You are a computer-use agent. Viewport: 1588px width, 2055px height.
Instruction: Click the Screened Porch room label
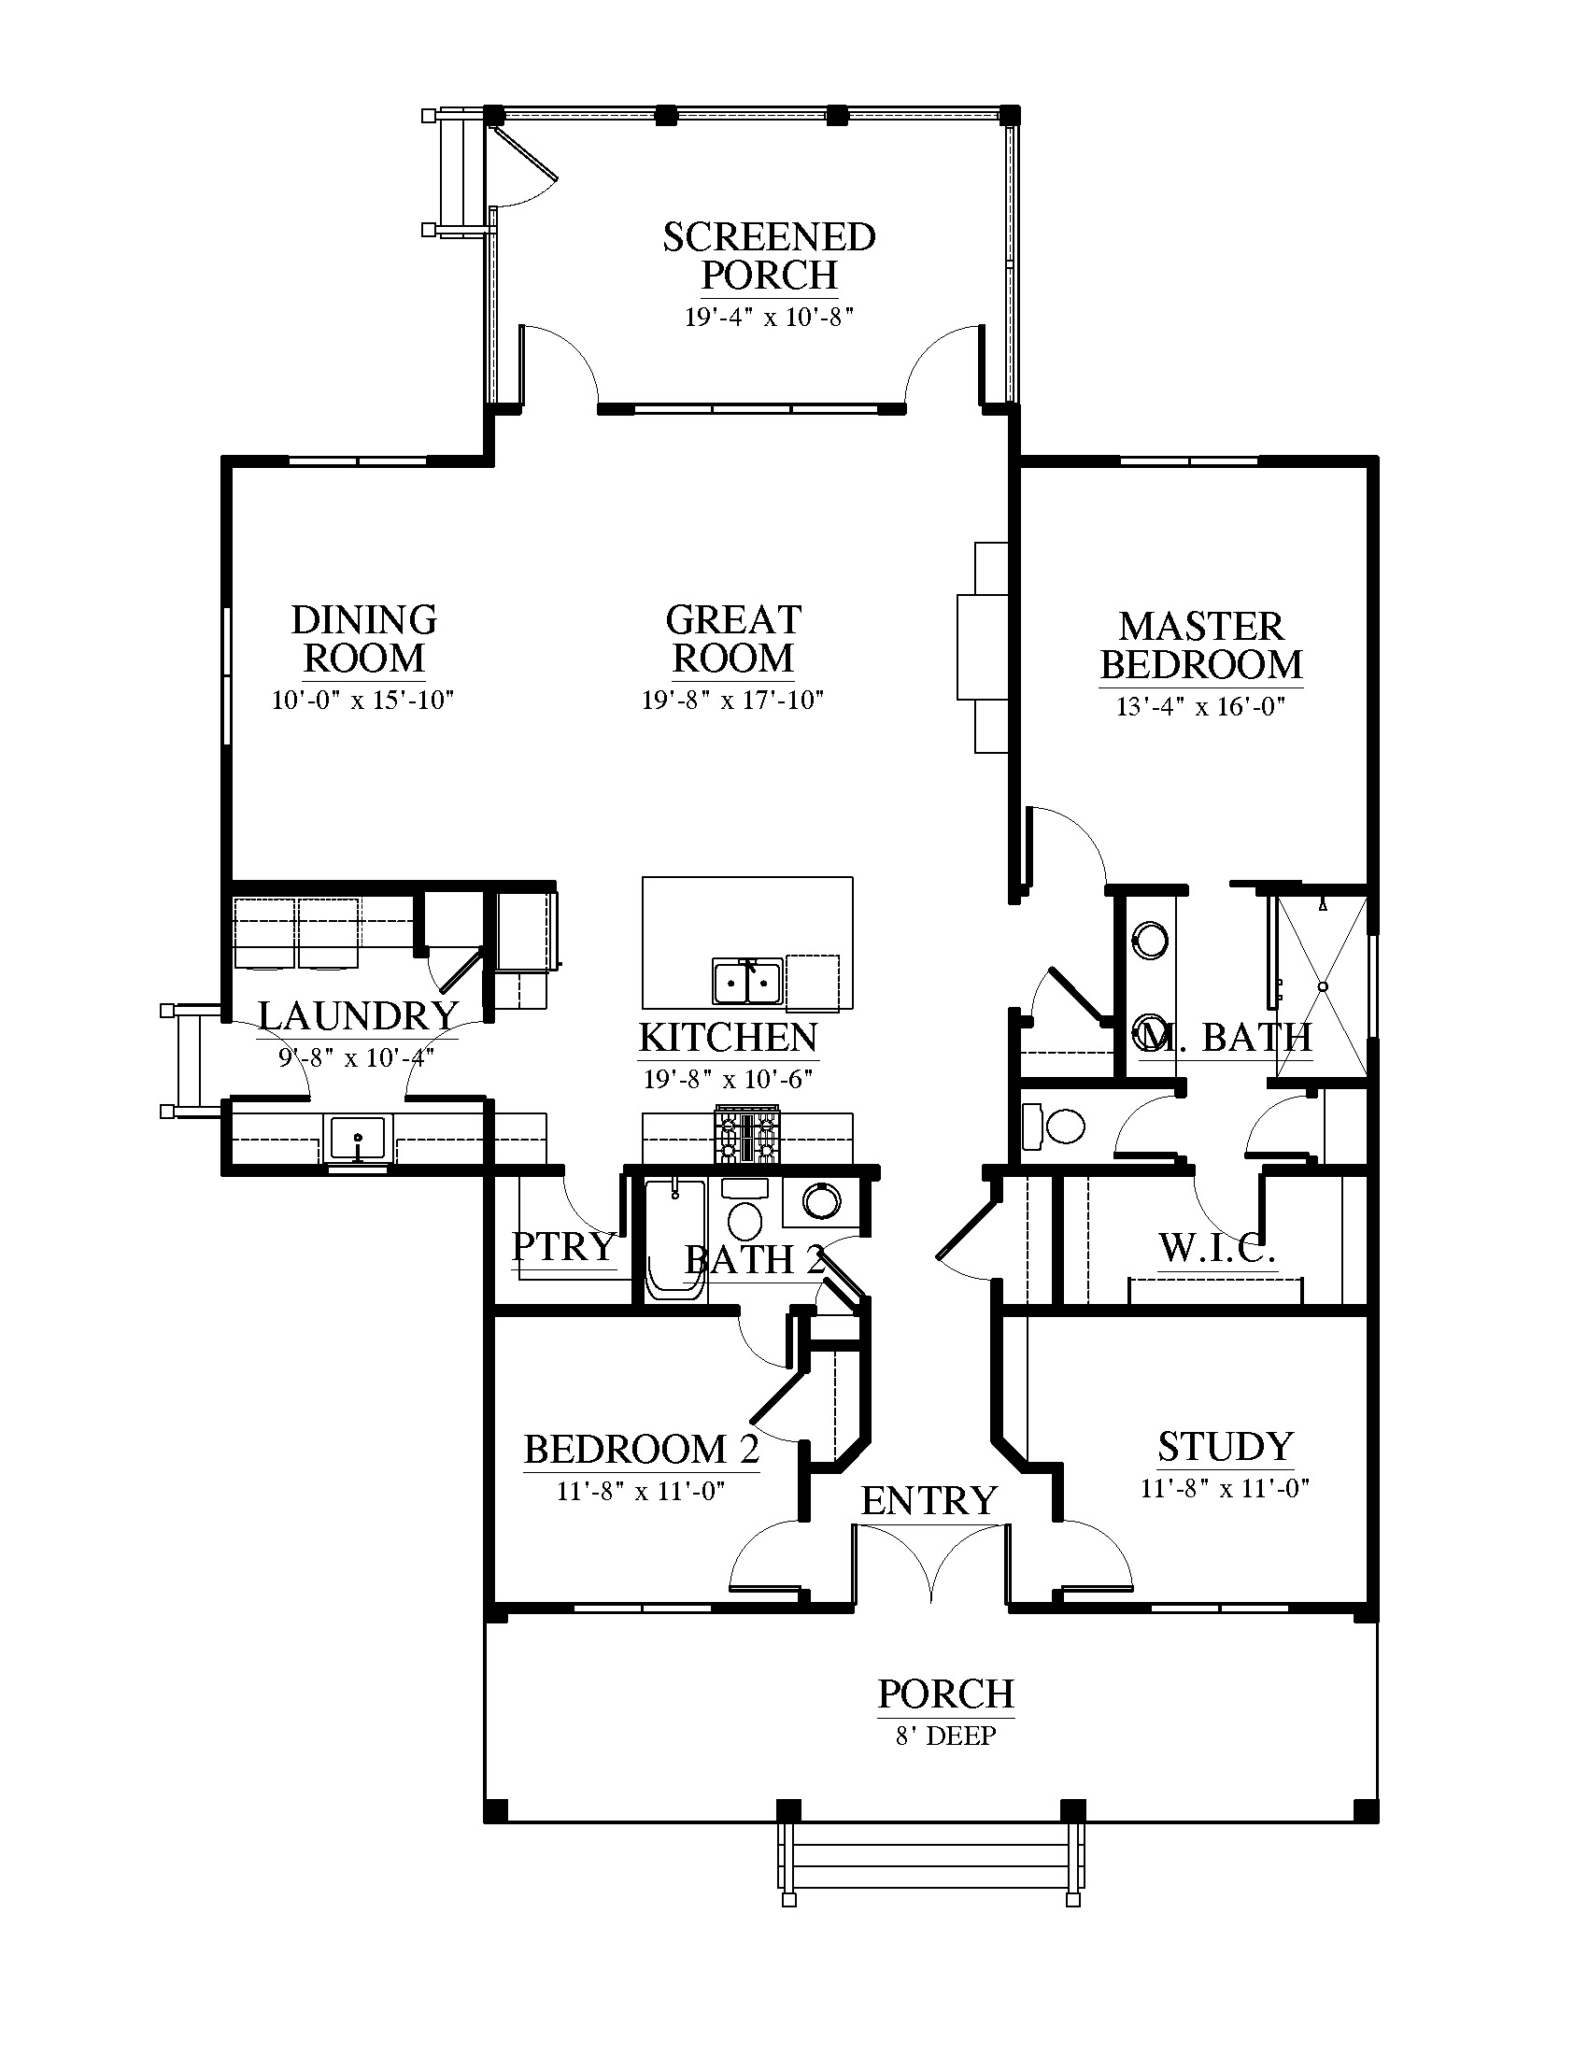pos(769,256)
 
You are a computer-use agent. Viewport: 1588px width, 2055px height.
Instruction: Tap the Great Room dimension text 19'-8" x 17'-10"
pos(733,700)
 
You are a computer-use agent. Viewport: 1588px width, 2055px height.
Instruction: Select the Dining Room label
pos(364,639)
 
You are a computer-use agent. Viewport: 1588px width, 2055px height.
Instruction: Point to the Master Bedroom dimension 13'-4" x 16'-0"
pos(1200,707)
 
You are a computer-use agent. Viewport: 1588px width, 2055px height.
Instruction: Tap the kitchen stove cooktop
pos(748,1136)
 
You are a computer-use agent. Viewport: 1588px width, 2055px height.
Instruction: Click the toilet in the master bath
pos(1053,1126)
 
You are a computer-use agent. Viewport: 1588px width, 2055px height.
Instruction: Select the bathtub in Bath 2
pos(674,1240)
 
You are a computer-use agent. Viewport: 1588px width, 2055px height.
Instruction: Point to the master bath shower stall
pos(1321,986)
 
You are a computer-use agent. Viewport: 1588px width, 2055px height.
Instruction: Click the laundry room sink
pos(358,1138)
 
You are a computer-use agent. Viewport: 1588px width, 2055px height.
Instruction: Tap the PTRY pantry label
pos(563,1246)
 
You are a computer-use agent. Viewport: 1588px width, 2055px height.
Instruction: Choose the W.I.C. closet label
pos(1216,1248)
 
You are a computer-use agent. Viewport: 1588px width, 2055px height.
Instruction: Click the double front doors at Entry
pos(930,1562)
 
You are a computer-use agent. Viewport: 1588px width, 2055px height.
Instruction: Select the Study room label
pos(1226,1446)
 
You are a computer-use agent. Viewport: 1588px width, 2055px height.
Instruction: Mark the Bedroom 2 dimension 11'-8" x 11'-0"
pos(641,1492)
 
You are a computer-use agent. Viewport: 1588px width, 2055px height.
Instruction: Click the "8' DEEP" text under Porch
pos(945,1736)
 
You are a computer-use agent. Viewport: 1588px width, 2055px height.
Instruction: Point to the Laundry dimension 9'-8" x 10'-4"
pos(357,1057)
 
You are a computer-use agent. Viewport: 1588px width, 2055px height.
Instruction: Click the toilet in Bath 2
pos(745,1210)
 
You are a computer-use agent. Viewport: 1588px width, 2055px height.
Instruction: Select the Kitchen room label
pos(729,1037)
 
